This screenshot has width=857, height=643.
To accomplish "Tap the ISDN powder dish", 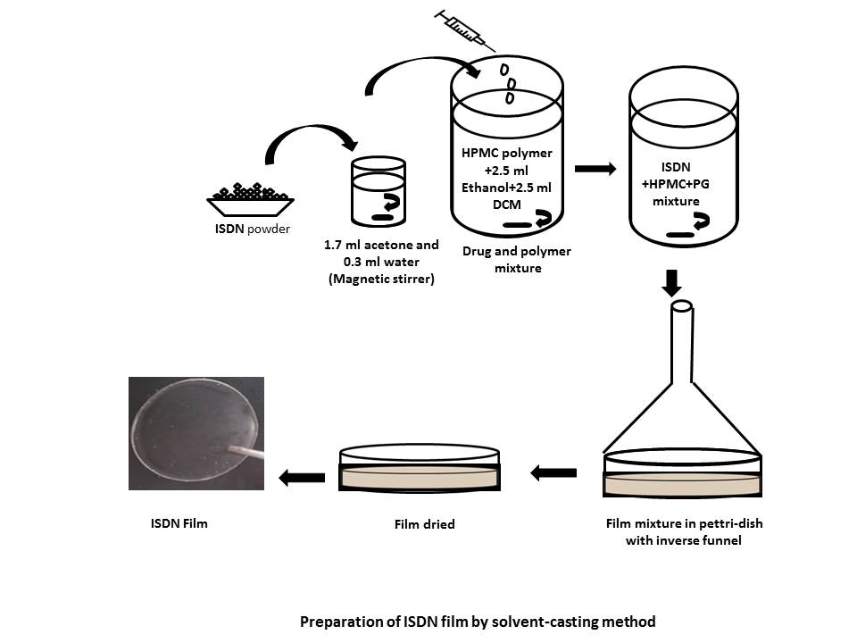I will click(x=251, y=201).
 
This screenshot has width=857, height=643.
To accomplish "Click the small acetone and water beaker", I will click(x=379, y=192).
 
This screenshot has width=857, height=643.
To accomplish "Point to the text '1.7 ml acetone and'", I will click(x=381, y=244).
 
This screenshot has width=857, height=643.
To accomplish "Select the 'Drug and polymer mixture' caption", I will click(x=517, y=259).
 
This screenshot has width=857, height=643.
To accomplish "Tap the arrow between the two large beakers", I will click(x=595, y=167).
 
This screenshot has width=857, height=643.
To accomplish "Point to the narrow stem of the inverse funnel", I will click(x=683, y=348).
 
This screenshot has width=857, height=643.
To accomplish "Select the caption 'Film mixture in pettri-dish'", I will click(x=683, y=523).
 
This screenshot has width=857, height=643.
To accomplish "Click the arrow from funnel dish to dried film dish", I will click(x=553, y=473).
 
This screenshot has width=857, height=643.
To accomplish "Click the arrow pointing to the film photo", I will click(x=302, y=478).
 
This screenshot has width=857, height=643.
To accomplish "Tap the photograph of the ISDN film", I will click(x=196, y=433).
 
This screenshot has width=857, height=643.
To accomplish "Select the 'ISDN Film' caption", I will click(x=179, y=523).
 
